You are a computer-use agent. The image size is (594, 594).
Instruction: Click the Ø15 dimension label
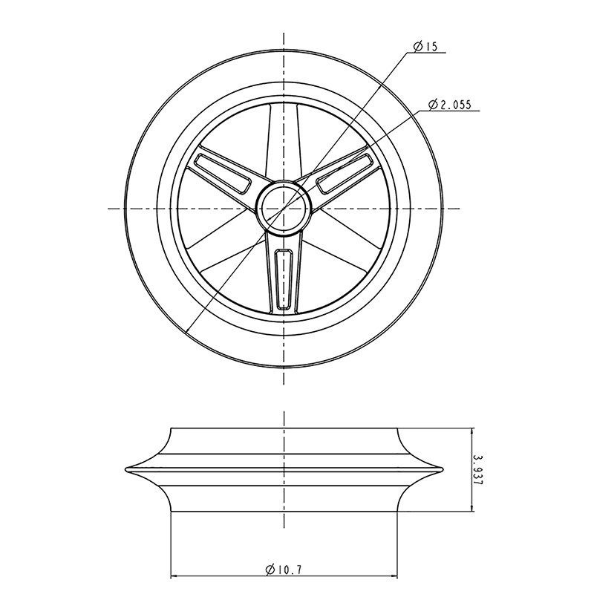click(426, 47)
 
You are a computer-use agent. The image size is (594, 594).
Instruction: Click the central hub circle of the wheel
click(283, 208)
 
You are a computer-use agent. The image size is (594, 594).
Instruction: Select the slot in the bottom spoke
click(283, 278)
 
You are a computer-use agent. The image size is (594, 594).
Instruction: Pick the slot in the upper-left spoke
click(221, 172)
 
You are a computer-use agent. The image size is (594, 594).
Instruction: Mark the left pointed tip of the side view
click(126, 469)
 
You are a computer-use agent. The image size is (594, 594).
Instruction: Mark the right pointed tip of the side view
click(442, 469)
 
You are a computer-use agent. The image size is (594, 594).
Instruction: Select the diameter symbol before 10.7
click(270, 569)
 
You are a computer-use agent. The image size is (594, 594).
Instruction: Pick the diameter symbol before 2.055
click(433, 105)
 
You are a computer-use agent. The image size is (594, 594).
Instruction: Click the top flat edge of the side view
click(283, 428)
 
